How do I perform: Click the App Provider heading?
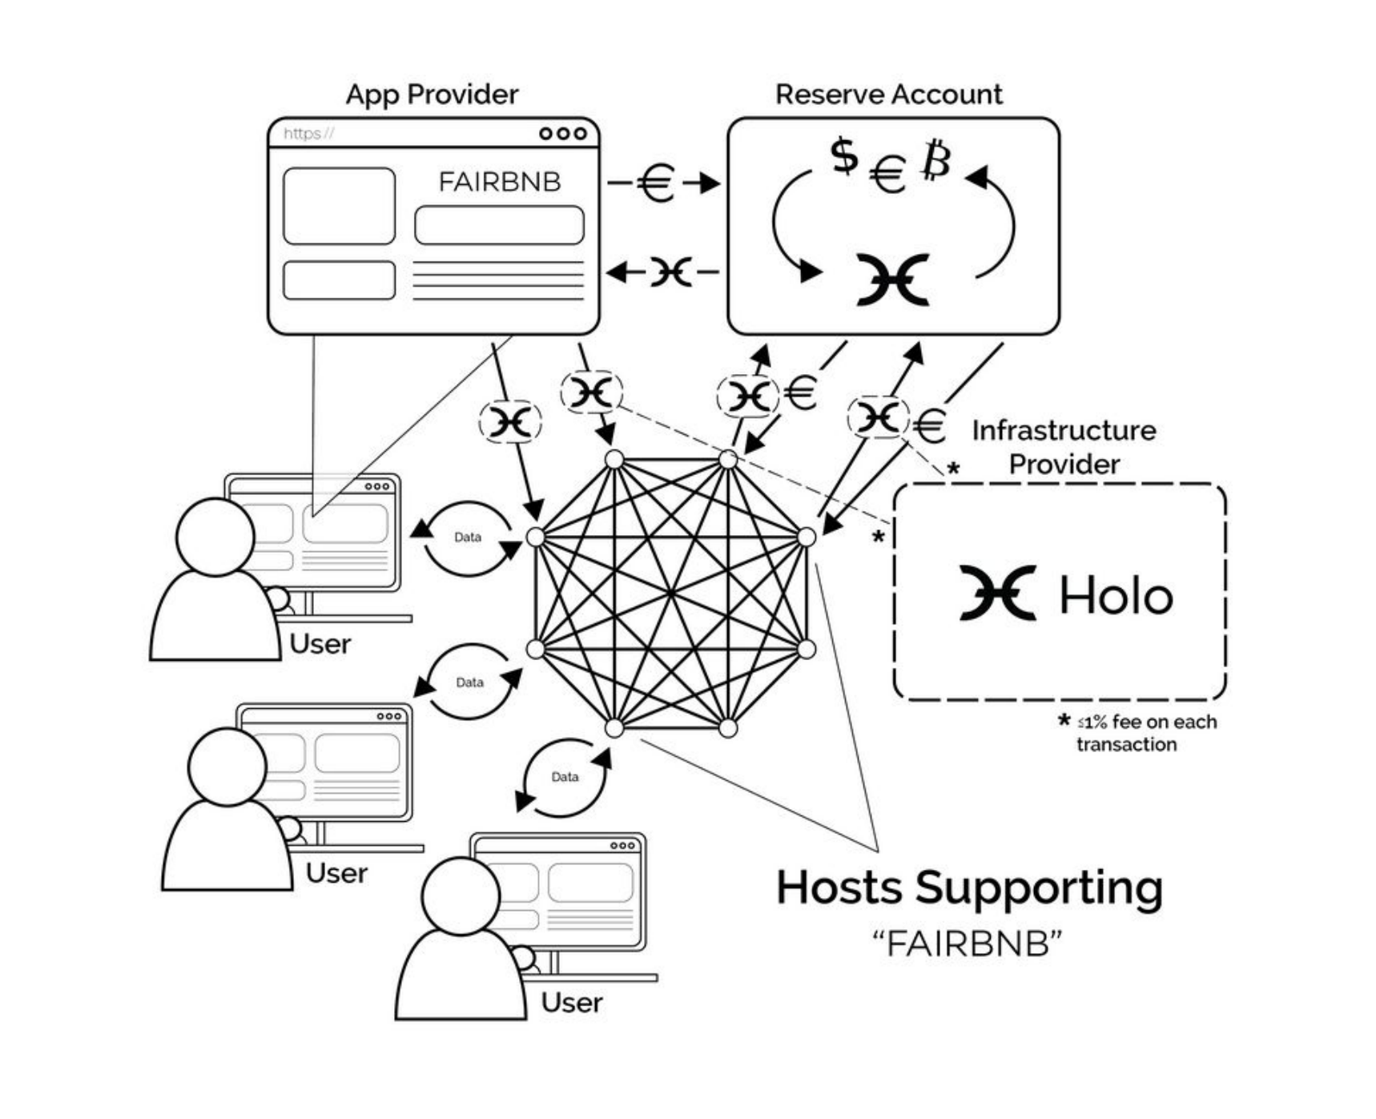432,95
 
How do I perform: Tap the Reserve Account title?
888,95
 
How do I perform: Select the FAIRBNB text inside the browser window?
499,182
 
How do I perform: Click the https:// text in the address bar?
308,133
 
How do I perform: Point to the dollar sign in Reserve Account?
843,155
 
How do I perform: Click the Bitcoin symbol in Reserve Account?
935,159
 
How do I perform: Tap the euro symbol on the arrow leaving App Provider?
656,183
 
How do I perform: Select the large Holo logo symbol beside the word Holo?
998,593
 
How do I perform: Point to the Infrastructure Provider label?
1064,447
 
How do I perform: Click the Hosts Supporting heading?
969,888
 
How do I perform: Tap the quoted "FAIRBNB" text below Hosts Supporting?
968,944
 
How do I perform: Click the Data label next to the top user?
468,537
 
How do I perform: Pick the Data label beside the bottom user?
565,777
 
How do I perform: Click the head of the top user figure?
215,537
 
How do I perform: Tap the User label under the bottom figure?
571,1002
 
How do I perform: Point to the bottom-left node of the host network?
614,728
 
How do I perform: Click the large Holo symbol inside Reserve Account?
892,280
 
